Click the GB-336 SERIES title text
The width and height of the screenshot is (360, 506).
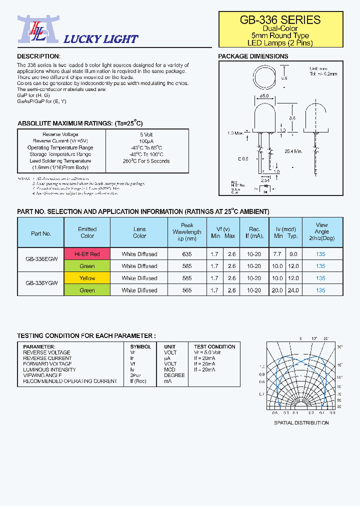tap(280, 20)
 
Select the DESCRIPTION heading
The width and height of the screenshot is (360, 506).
tap(38, 56)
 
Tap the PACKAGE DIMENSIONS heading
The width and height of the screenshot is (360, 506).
tap(253, 56)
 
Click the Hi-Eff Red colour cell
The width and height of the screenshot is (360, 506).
tap(87, 254)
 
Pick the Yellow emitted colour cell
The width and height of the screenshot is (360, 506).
tap(87, 278)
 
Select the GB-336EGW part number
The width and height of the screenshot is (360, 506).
tap(41, 260)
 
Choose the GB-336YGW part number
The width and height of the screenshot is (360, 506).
tap(41, 284)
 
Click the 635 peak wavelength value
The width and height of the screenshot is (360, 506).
tap(187, 254)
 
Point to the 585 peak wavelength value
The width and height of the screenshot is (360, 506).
tap(187, 278)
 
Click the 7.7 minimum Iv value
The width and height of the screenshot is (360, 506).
tap(277, 254)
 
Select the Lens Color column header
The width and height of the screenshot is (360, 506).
tap(139, 232)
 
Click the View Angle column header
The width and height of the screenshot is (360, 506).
tap(321, 231)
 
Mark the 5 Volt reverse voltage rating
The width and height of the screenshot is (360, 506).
tap(146, 134)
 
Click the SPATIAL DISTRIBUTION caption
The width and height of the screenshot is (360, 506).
tap(301, 422)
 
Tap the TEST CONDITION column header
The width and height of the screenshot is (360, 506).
tap(214, 346)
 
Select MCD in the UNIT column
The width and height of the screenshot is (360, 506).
tap(170, 369)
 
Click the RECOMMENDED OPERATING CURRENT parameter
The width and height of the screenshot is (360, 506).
tap(70, 381)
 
